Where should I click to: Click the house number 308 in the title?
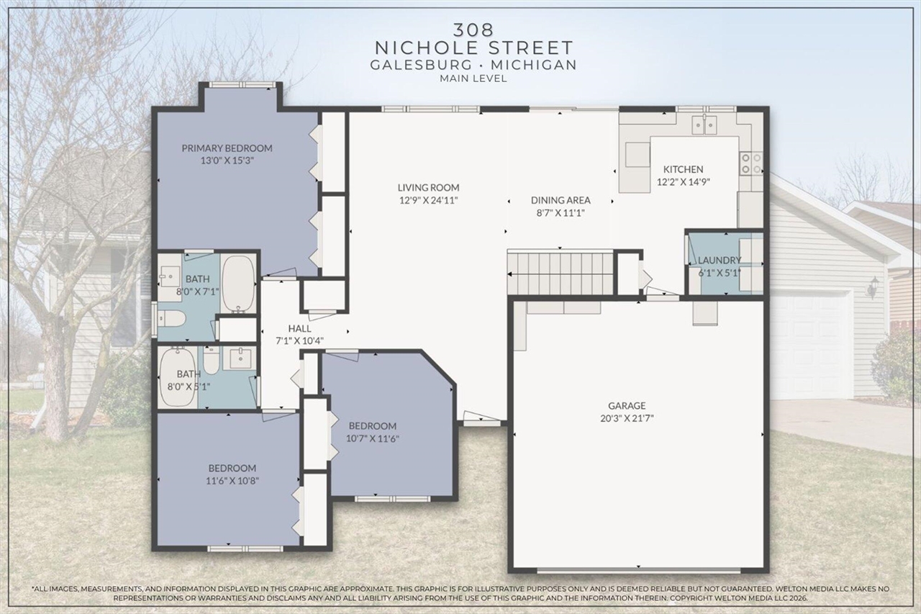coord(473,30)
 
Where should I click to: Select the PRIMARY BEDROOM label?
coord(227,148)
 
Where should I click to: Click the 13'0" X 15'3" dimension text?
coord(227,161)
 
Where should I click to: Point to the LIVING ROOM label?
coord(429,187)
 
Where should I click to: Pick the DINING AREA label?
coord(561,200)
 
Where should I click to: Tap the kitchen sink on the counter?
coord(704,125)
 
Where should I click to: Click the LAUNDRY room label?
coord(719,260)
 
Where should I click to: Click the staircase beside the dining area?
coord(561,272)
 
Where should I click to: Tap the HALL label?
coord(299,328)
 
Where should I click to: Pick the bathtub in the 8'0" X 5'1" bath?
coord(177,375)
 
